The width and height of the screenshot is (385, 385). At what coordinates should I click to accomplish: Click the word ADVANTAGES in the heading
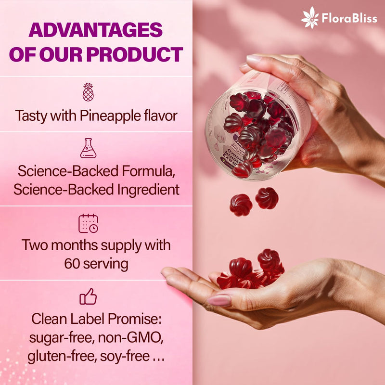tap(95, 30)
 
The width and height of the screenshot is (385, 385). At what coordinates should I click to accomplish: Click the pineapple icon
tap(88, 92)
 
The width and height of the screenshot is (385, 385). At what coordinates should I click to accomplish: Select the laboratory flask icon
tap(88, 148)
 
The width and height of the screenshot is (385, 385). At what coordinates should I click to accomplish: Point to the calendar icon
tap(88, 223)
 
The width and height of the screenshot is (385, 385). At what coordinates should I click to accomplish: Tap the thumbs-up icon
tap(88, 297)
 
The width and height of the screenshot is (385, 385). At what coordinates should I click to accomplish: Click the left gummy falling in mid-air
tap(241, 205)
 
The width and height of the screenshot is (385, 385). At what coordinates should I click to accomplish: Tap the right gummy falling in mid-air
tap(267, 198)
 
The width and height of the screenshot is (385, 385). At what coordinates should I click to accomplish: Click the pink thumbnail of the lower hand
tap(219, 301)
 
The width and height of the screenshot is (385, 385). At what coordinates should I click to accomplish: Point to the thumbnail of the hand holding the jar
tap(254, 59)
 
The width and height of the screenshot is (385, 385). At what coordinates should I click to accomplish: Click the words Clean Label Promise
tap(96, 319)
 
